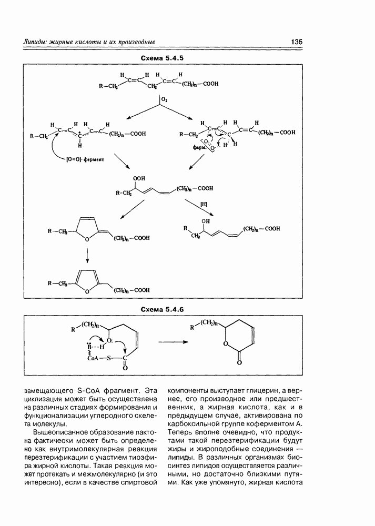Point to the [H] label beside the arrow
pos(204,203)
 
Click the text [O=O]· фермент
pos(86,159)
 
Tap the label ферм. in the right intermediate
pos(200,149)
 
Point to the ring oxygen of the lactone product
pos(226,344)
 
